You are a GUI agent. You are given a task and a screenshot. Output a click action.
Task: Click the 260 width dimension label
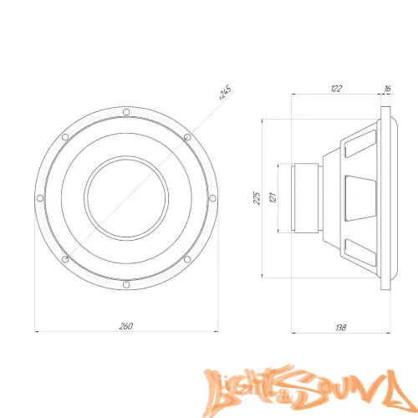(126, 326)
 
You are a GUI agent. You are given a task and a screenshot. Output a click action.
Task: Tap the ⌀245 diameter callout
(225, 92)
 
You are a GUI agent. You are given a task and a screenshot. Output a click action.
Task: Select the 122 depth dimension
(336, 89)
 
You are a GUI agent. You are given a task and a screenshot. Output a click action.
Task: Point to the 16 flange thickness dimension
(387, 89)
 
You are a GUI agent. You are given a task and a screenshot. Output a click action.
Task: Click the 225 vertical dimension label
(257, 198)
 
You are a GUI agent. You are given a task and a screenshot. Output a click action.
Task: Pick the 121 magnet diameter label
(273, 197)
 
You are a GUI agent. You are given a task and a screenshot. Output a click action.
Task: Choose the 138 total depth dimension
(340, 328)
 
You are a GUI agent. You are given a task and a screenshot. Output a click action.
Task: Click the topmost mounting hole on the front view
(126, 112)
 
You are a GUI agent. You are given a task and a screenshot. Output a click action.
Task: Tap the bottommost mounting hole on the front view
(126, 284)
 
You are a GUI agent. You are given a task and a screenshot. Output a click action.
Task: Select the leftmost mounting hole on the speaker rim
(40, 198)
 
